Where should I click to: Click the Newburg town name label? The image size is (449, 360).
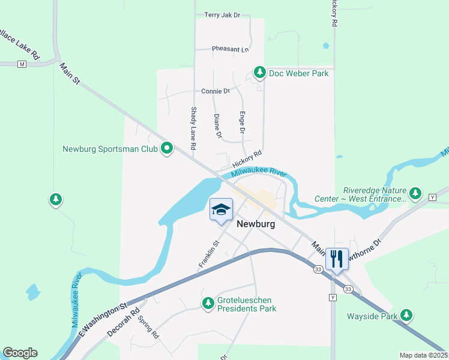coord(256,224)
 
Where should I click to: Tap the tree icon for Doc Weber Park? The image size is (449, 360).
coord(259,73)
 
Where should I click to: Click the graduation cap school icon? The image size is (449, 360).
coord(221,209)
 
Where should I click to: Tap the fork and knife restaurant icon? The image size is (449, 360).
coord(336,259)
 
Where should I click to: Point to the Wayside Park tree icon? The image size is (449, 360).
coord(407,315)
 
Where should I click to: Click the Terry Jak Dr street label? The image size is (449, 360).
coord(205,15)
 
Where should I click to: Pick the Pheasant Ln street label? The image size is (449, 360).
coord(230,49)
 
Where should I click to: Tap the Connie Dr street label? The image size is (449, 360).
coord(215,91)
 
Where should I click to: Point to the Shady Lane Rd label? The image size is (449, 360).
coord(194,128)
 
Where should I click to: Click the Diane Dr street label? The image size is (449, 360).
coord(217,126)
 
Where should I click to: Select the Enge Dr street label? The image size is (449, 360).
coord(243,122)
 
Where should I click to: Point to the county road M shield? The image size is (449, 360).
coord(22,64)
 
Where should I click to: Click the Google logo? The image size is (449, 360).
coord(20,353)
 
